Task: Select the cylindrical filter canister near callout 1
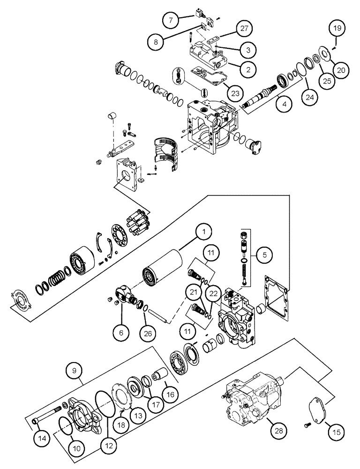click(160, 270)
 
